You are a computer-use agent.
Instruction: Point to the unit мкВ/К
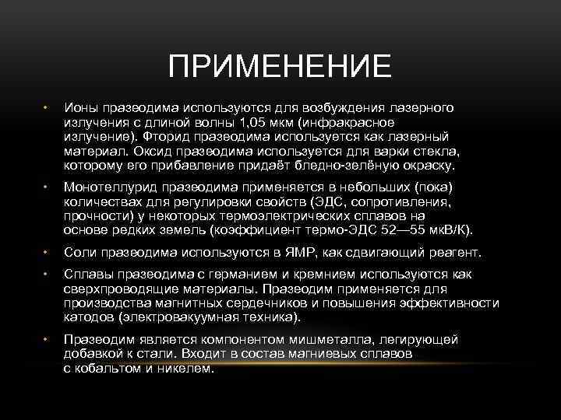451,231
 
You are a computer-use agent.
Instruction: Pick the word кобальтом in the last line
111,369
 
